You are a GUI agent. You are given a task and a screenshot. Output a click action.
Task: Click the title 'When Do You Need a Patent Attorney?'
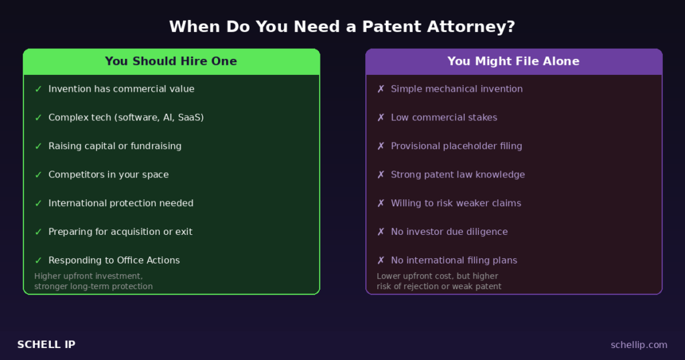click(x=342, y=27)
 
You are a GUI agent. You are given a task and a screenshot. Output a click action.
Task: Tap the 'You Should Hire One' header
click(x=171, y=62)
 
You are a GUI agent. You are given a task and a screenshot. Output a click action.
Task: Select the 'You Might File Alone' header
click(x=513, y=62)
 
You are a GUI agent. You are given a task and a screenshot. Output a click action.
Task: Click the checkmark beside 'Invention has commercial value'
click(x=38, y=89)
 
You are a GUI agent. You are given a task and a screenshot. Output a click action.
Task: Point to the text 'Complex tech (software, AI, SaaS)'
click(x=126, y=118)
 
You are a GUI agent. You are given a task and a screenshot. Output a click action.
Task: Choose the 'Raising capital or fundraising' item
click(x=114, y=146)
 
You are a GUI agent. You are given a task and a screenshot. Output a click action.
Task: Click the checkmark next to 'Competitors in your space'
click(x=38, y=175)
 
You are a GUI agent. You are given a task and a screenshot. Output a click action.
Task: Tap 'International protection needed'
click(x=120, y=203)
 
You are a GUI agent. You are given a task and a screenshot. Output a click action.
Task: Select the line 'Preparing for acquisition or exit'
click(x=120, y=232)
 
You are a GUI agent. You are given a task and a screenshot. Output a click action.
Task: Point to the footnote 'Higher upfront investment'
click(x=88, y=276)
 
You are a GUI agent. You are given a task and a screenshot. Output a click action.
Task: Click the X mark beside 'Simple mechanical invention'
click(x=381, y=89)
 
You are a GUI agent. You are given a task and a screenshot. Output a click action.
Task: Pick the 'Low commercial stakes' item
click(x=444, y=118)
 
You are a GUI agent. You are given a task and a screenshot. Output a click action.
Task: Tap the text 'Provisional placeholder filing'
click(x=456, y=146)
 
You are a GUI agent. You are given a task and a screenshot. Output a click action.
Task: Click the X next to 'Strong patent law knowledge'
click(x=381, y=175)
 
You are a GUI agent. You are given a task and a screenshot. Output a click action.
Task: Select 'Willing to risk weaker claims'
click(x=456, y=203)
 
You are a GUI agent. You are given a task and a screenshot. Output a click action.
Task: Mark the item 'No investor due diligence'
click(x=449, y=232)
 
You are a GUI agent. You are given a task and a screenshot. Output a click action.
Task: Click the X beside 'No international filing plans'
click(x=381, y=260)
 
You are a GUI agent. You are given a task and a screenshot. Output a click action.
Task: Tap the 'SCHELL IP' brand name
click(x=46, y=345)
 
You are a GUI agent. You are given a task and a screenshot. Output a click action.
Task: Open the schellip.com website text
click(x=639, y=345)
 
